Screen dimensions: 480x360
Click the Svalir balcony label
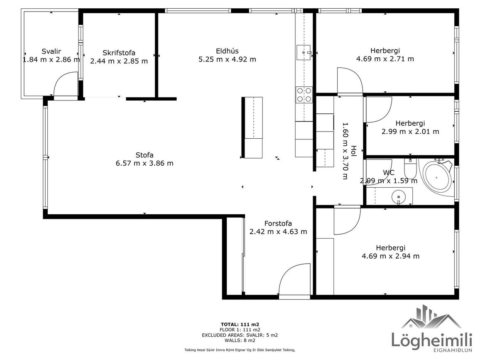tap(51, 51)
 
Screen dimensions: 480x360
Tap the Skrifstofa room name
tap(119, 53)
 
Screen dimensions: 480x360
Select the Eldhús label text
tap(227, 51)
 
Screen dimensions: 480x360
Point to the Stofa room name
tap(144, 155)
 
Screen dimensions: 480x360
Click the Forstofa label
tap(278, 223)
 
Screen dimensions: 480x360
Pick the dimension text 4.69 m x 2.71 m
tap(385, 59)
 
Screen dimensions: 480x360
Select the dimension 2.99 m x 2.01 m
tap(410, 132)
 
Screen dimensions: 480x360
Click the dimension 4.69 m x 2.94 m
tap(391, 256)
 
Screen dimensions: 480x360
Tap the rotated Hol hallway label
tap(354, 151)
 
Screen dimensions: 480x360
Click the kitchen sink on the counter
tap(304, 53)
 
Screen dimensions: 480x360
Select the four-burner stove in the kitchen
tap(304, 95)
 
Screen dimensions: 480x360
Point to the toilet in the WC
tap(409, 169)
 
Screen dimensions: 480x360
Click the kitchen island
tap(252, 127)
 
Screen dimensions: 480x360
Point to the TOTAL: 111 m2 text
tap(240, 324)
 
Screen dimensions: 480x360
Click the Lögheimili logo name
tap(432, 340)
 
